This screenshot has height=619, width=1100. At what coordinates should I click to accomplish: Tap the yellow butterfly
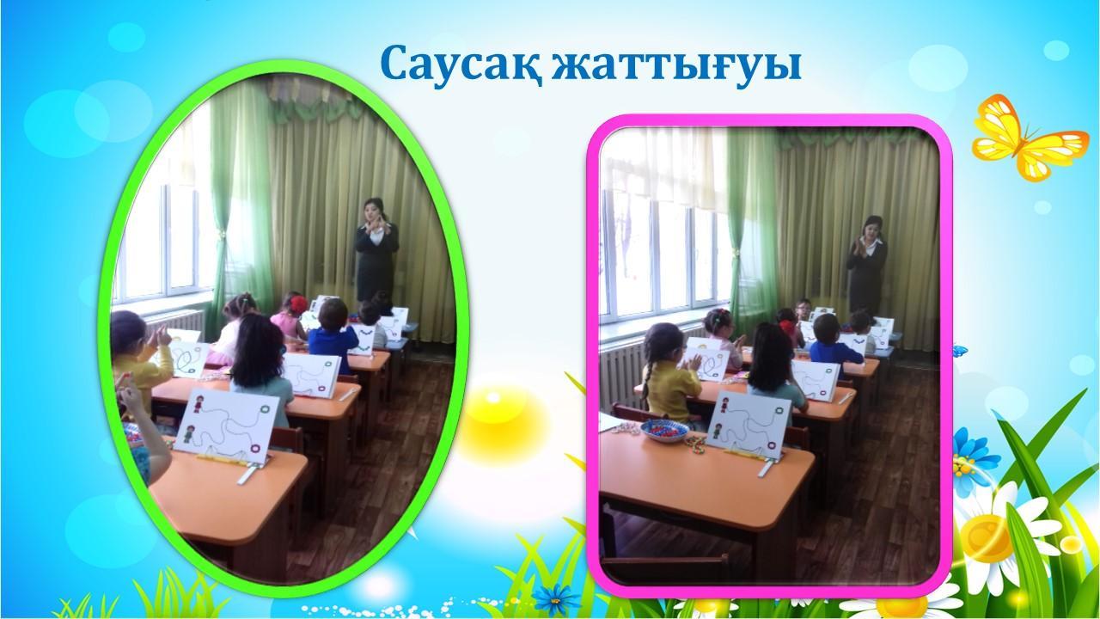(x=1030, y=137)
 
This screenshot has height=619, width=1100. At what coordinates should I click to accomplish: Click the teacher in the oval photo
(x=376, y=249)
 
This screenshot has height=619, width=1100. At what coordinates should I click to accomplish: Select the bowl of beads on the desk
(x=665, y=431)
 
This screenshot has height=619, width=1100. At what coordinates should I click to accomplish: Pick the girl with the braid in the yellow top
(x=670, y=373)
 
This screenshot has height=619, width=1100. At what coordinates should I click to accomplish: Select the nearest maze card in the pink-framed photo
(x=748, y=425)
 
